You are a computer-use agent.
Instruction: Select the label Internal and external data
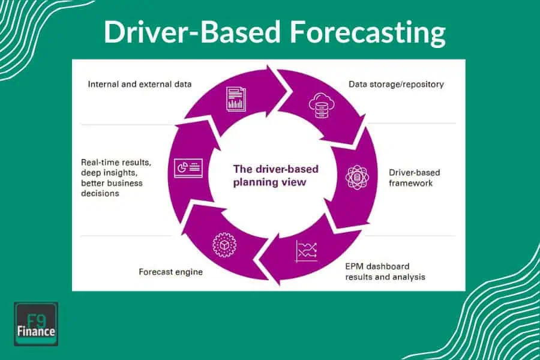[x=140, y=84]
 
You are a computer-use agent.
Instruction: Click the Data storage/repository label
[x=396, y=84]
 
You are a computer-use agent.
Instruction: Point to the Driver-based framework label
[x=414, y=178]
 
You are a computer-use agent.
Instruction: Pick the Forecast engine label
[x=170, y=272]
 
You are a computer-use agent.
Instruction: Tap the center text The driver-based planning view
[x=276, y=175]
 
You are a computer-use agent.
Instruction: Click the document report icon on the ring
[x=235, y=98]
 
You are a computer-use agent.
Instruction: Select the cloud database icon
[x=319, y=106]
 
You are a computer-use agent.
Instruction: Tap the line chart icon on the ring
[x=306, y=251]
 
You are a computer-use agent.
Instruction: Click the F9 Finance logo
[x=36, y=324]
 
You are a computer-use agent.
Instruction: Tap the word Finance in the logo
[x=36, y=331]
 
